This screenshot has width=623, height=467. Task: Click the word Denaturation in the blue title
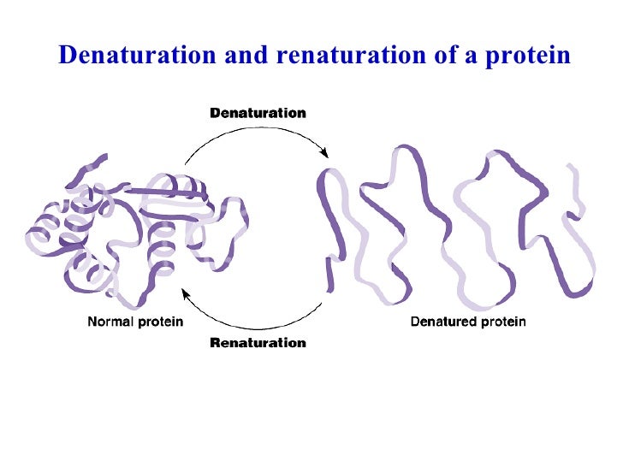(x=137, y=56)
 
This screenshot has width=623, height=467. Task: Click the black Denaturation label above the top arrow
(x=258, y=113)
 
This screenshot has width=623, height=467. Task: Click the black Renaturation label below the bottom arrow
(x=258, y=343)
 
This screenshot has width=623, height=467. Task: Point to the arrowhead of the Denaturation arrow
(x=325, y=153)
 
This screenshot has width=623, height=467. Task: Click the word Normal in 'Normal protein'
(x=113, y=322)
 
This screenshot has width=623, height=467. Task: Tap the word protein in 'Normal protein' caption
(x=161, y=322)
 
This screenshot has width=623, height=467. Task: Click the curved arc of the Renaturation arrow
(x=257, y=325)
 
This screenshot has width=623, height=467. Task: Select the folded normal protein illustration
(x=128, y=231)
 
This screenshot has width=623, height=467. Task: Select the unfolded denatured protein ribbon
(x=454, y=227)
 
